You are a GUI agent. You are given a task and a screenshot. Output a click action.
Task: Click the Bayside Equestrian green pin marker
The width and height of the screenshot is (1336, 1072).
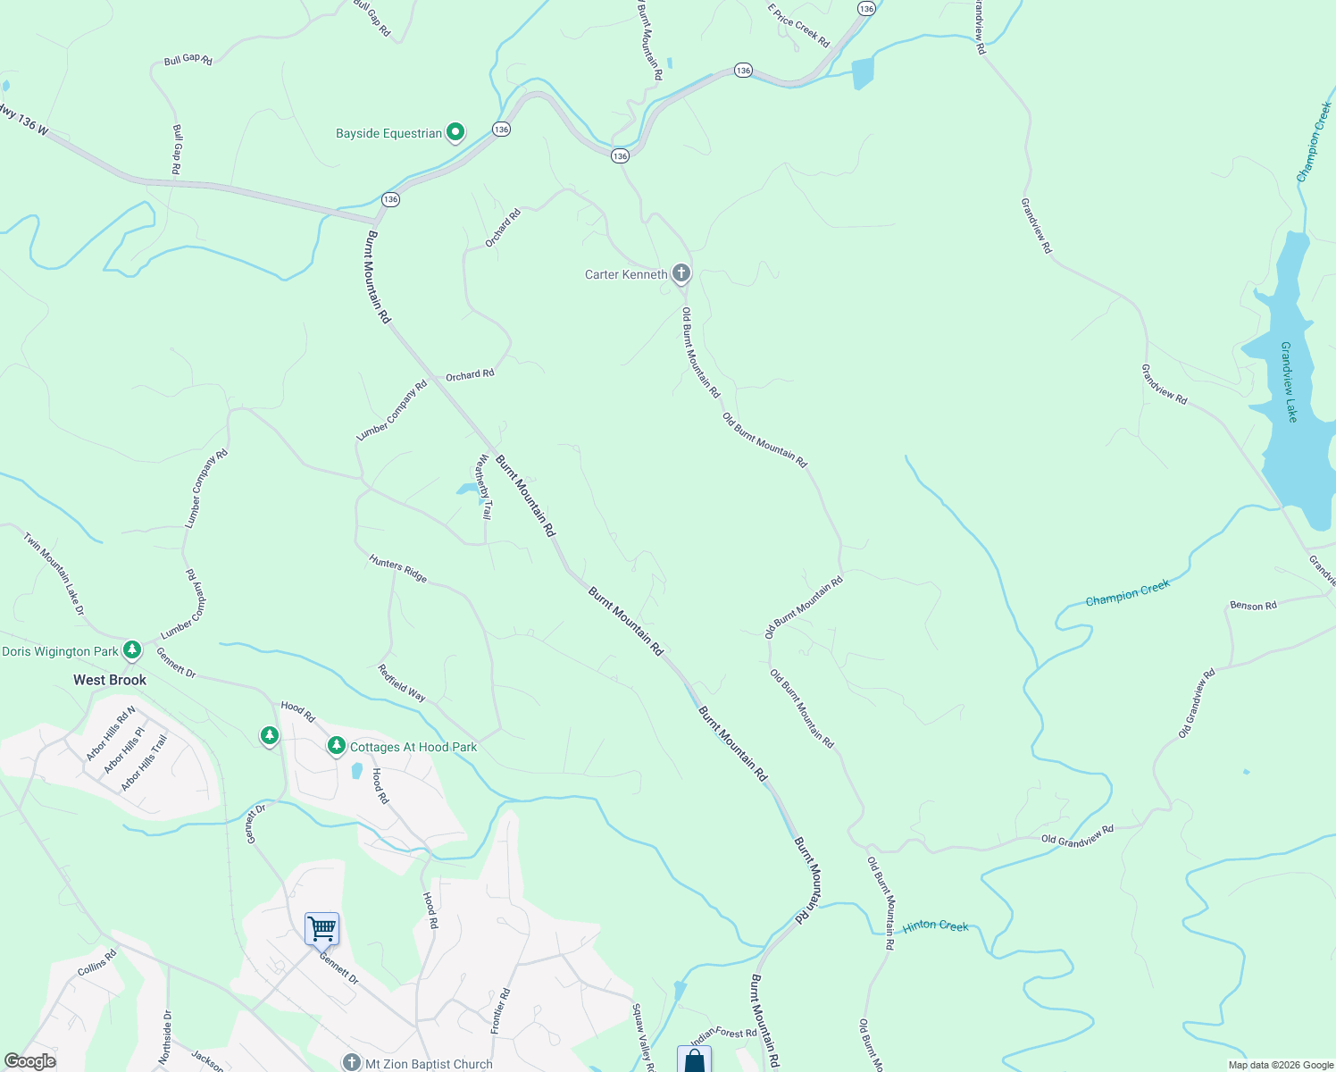tap(455, 133)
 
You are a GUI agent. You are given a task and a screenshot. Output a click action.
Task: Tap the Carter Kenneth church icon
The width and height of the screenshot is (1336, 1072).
tap(681, 273)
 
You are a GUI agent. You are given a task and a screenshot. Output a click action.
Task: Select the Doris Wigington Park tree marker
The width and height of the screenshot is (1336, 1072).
tap(132, 650)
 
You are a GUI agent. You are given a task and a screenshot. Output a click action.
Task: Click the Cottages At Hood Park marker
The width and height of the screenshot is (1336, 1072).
tap(336, 746)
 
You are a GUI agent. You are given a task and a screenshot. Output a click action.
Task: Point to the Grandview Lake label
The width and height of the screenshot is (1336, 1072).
tap(1289, 381)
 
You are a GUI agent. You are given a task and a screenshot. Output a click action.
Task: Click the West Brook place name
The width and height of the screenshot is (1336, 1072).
tap(110, 680)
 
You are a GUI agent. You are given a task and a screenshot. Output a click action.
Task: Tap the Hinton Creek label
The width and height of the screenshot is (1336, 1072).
tap(935, 926)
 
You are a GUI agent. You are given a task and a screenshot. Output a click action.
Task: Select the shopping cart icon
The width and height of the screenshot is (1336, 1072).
tap(321, 929)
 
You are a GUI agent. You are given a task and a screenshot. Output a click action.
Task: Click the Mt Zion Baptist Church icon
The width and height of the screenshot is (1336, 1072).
tap(352, 1063)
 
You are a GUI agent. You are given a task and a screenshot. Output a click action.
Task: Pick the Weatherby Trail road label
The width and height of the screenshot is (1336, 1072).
tap(483, 487)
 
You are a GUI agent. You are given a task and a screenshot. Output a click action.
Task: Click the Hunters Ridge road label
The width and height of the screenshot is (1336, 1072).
tap(398, 569)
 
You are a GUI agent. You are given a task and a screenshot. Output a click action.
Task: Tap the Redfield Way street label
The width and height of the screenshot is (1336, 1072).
tap(401, 683)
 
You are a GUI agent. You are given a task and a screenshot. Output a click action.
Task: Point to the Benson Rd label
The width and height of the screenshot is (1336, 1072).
tap(1253, 606)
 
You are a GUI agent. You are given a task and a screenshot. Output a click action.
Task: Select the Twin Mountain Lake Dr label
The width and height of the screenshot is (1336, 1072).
tap(54, 574)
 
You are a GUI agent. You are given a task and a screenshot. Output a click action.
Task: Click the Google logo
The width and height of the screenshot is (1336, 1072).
tap(29, 1061)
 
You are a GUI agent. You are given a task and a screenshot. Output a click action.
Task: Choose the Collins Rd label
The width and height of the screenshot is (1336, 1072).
tap(97, 963)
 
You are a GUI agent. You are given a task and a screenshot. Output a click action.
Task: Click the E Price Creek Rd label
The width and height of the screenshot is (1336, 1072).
tap(798, 25)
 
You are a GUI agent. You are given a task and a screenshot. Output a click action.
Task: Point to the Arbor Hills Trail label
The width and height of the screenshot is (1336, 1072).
tap(144, 763)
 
